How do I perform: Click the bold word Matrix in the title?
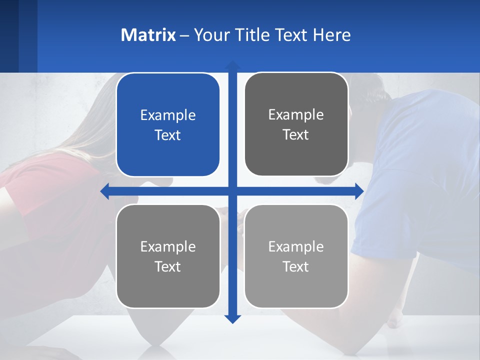148,35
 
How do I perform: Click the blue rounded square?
168,124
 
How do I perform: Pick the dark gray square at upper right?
296,124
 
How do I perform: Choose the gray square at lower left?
168,256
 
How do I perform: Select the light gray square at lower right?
296,256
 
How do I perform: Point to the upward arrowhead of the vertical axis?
232,64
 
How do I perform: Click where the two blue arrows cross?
232,191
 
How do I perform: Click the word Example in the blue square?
168,115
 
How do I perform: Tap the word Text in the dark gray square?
296,135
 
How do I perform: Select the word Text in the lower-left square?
168,267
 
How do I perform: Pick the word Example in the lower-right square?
296,246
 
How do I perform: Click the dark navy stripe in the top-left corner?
9,35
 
